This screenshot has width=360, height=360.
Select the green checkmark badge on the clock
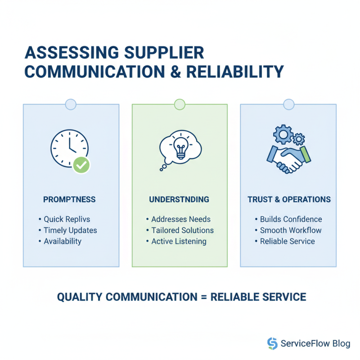(x=81, y=165)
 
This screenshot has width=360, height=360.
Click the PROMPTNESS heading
(x=69, y=199)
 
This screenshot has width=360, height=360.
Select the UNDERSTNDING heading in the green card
(x=180, y=199)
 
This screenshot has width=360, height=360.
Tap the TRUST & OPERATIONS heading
(x=289, y=199)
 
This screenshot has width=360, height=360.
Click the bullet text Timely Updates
(x=70, y=230)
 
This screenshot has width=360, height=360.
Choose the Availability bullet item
(x=63, y=241)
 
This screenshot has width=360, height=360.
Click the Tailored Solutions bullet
(x=182, y=230)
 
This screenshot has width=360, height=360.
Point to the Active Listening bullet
(x=179, y=241)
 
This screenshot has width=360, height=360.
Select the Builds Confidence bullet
(x=291, y=219)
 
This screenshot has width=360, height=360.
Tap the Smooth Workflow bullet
(x=290, y=230)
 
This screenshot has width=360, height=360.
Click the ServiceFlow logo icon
(x=272, y=343)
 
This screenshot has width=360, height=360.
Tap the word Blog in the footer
(x=341, y=344)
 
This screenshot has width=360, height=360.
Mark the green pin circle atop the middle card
(x=180, y=104)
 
